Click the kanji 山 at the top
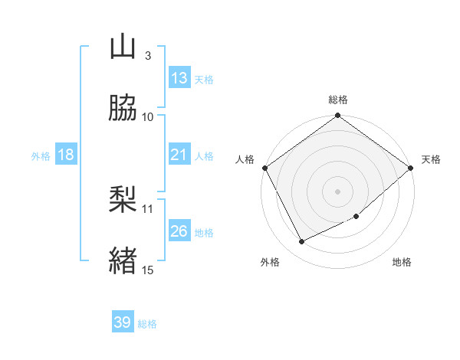pyautogui.click(x=123, y=47)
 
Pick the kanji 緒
pyautogui.click(x=123, y=259)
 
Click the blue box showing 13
pyautogui.click(x=179, y=78)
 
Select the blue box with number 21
pyautogui.click(x=179, y=155)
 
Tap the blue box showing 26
pyautogui.click(x=179, y=231)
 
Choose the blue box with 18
pyautogui.click(x=66, y=155)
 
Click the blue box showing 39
pyautogui.click(x=123, y=322)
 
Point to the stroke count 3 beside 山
pyautogui.click(x=147, y=56)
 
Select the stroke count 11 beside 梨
pyautogui.click(x=148, y=208)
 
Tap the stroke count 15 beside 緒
pyautogui.click(x=148, y=269)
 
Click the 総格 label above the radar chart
pyautogui.click(x=338, y=100)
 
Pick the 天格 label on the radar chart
pyautogui.click(x=431, y=159)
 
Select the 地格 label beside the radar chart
pyautogui.click(x=402, y=263)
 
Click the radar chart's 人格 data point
pyautogui.click(x=265, y=168)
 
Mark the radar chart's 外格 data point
pyautogui.click(x=302, y=242)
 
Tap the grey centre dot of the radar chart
pyautogui.click(x=338, y=191)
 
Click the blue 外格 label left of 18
pyautogui.click(x=40, y=155)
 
